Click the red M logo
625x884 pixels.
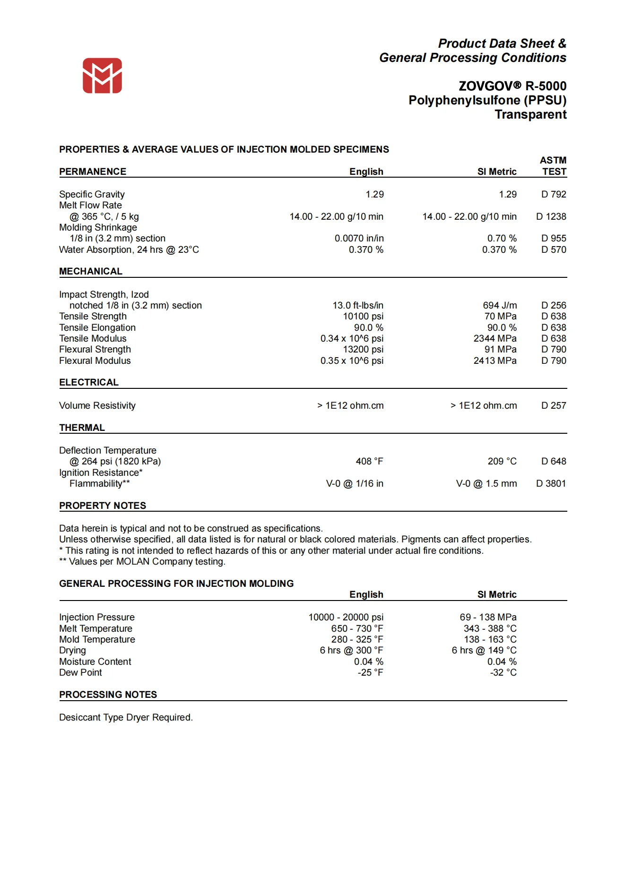pos(102,76)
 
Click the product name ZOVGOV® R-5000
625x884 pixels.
pos(512,86)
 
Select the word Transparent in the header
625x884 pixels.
pos(530,115)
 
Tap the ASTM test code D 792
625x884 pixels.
pos(553,194)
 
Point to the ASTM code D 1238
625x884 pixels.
pos(551,216)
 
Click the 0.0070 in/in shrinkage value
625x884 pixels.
pos(359,238)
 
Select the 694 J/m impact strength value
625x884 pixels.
pos(500,305)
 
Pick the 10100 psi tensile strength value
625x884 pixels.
pos(363,316)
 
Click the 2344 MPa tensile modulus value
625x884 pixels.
pos(495,338)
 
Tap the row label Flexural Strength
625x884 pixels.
pos(95,349)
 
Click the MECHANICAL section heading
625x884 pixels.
pos(91,271)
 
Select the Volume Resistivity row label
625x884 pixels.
pos(97,405)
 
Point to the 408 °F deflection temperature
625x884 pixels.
pos(369,461)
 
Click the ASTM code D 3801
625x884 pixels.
pos(551,483)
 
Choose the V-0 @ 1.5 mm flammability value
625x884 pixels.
pos(486,483)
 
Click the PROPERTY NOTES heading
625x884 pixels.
pos(103,506)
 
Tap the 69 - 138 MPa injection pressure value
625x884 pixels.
pos(488,617)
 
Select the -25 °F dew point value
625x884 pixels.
pos(370,672)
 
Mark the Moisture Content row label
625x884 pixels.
pos(95,661)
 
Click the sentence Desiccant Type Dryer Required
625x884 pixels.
pos(126,717)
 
